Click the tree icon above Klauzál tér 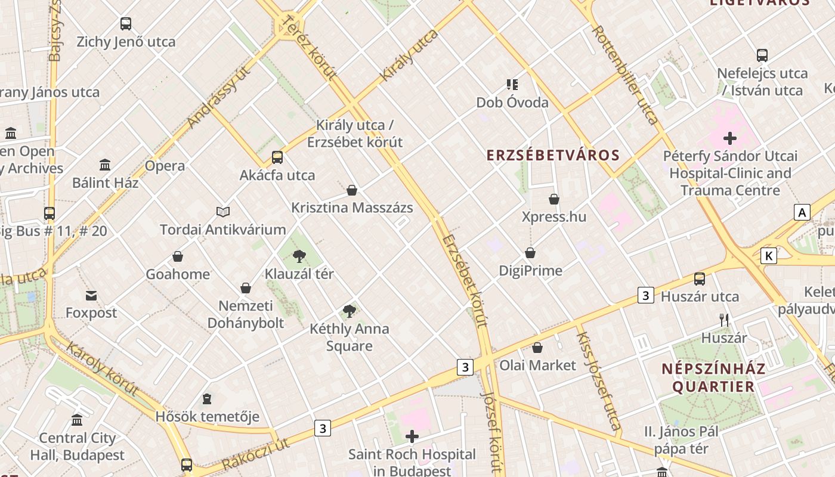pyautogui.click(x=299, y=256)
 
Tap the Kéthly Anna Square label pyautogui.click(x=349, y=337)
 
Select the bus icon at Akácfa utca pyautogui.click(x=277, y=157)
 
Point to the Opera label pyautogui.click(x=165, y=166)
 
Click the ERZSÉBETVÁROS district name pyautogui.click(x=553, y=156)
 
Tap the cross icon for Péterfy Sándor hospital pyautogui.click(x=729, y=139)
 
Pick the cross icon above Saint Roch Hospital pyautogui.click(x=412, y=436)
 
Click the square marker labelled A pyautogui.click(x=802, y=212)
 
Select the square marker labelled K pyautogui.click(x=769, y=256)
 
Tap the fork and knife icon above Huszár pyautogui.click(x=724, y=320)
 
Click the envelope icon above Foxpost pyautogui.click(x=91, y=295)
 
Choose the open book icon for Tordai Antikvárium pyautogui.click(x=223, y=212)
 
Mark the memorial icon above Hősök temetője pyautogui.click(x=207, y=398)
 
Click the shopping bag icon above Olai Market pyautogui.click(x=537, y=347)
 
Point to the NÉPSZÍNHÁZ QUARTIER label pyautogui.click(x=713, y=377)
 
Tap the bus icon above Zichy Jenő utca pyautogui.click(x=126, y=24)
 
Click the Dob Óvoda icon pyautogui.click(x=512, y=85)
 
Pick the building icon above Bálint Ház pyautogui.click(x=105, y=165)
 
